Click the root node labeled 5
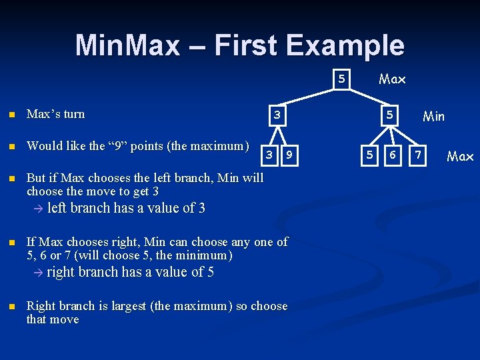pyautogui.click(x=341, y=79)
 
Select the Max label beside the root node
pyautogui.click(x=392, y=79)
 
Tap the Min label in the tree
pyautogui.click(x=433, y=117)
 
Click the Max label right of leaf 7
pyautogui.click(x=460, y=157)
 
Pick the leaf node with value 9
pyautogui.click(x=289, y=155)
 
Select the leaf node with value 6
pyautogui.click(x=393, y=155)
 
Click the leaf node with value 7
pyautogui.click(x=418, y=155)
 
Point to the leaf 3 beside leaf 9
pyautogui.click(x=269, y=155)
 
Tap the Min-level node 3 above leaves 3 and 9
pyautogui.click(x=276, y=116)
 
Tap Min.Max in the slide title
pyautogui.click(x=127, y=45)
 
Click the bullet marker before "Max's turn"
pyautogui.click(x=10, y=115)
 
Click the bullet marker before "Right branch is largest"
pyautogui.click(x=10, y=307)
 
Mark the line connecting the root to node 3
pyautogui.click(x=309, y=97)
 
